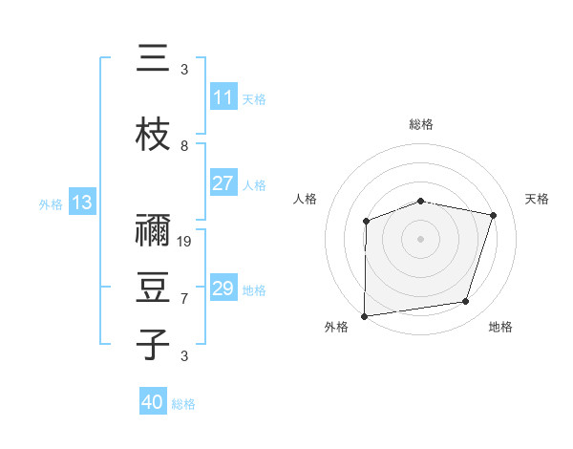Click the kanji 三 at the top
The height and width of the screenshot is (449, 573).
pyautogui.click(x=152, y=59)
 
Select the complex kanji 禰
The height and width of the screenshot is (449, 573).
pyautogui.click(x=152, y=230)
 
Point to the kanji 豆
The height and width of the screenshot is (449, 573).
pyautogui.click(x=152, y=289)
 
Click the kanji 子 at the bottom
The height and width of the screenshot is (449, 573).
pyautogui.click(x=152, y=345)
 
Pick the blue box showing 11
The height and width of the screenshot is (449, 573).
pyautogui.click(x=223, y=97)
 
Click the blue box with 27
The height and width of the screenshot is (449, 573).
pyautogui.click(x=223, y=183)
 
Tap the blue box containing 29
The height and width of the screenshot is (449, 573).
pyautogui.click(x=223, y=289)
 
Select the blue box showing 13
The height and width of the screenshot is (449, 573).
pyautogui.click(x=81, y=203)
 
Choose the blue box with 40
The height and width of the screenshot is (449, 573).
pyautogui.click(x=153, y=402)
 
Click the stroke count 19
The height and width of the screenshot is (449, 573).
pyautogui.click(x=185, y=241)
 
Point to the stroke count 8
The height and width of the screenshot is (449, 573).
pyautogui.click(x=184, y=145)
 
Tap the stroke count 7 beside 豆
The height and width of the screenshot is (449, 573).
pyautogui.click(x=184, y=298)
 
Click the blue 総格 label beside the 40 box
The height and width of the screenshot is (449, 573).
pyautogui.click(x=183, y=404)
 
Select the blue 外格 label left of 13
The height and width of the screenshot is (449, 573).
pyautogui.click(x=50, y=203)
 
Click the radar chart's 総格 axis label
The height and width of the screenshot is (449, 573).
pyautogui.click(x=421, y=125)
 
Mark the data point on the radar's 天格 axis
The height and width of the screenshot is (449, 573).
pyautogui.click(x=493, y=215)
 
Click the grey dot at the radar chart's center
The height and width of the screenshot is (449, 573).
pyautogui.click(x=421, y=238)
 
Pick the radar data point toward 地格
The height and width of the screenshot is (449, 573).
pyautogui.click(x=466, y=302)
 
